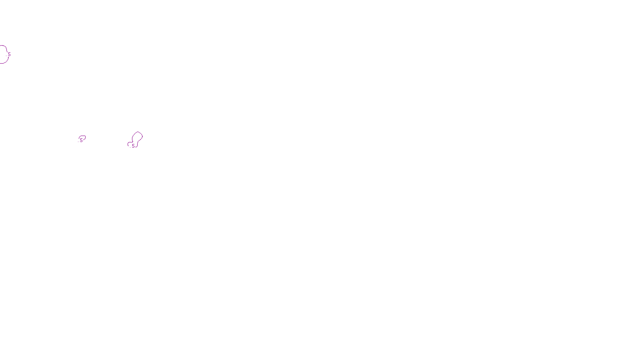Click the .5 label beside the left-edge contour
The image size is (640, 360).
point(9,54)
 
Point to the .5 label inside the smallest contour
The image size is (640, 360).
point(81,140)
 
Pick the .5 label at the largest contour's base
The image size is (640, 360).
point(133,146)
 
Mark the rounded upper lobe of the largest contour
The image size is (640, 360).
point(138,132)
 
